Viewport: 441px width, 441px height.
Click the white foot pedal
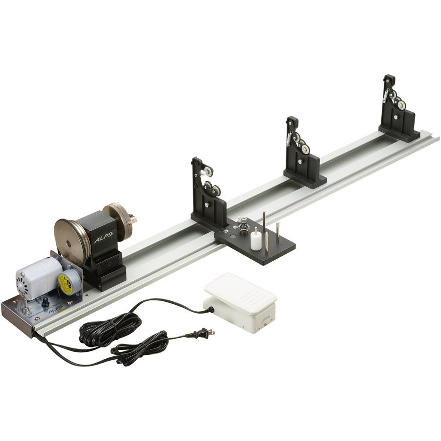(x=240, y=299)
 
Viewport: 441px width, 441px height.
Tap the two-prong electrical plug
(x=206, y=334)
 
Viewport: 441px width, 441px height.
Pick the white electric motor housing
(x=39, y=276)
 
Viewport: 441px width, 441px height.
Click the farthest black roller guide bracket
(x=398, y=110)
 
